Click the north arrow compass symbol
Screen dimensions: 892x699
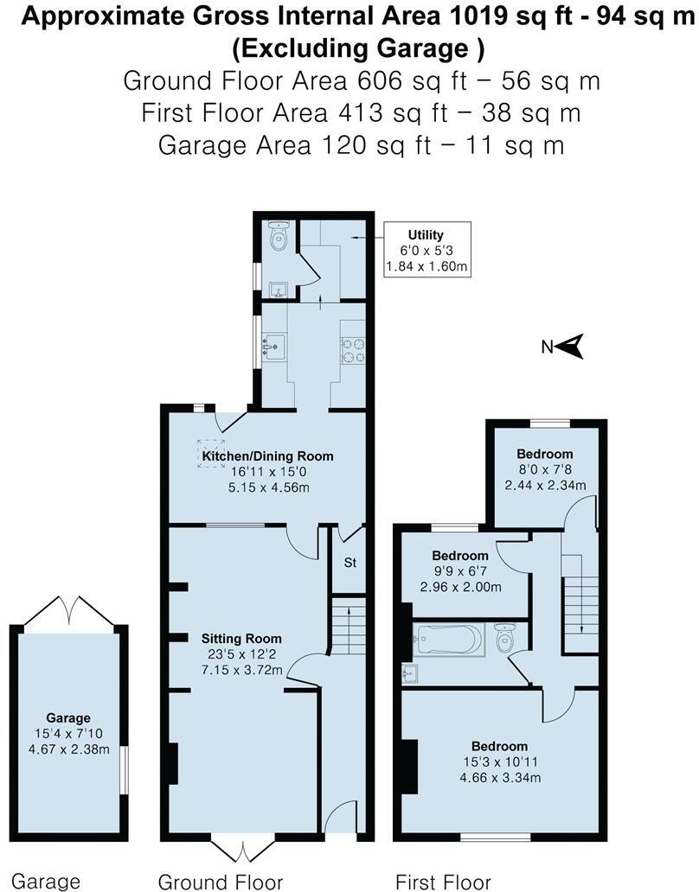click(x=572, y=346)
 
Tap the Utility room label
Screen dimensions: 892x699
click(x=426, y=234)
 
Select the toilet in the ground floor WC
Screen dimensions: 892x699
click(x=278, y=236)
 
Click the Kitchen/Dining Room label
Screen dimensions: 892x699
click(x=267, y=456)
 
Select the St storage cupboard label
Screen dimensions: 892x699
click(x=350, y=563)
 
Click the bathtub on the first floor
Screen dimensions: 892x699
click(x=448, y=640)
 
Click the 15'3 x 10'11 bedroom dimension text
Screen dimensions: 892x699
click(x=499, y=762)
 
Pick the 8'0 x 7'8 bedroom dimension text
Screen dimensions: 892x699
click(x=545, y=469)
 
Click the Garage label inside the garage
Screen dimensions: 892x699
click(x=68, y=717)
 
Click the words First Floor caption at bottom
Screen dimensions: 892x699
click(x=443, y=882)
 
